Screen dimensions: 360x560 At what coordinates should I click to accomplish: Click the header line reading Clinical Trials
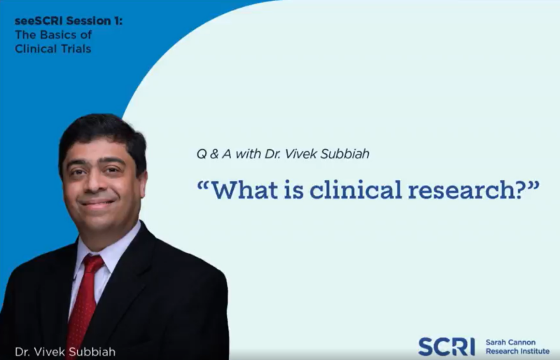(x=52, y=48)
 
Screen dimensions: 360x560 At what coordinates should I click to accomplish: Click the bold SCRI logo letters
(x=447, y=346)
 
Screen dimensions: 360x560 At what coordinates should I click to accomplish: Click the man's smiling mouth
(x=99, y=203)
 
